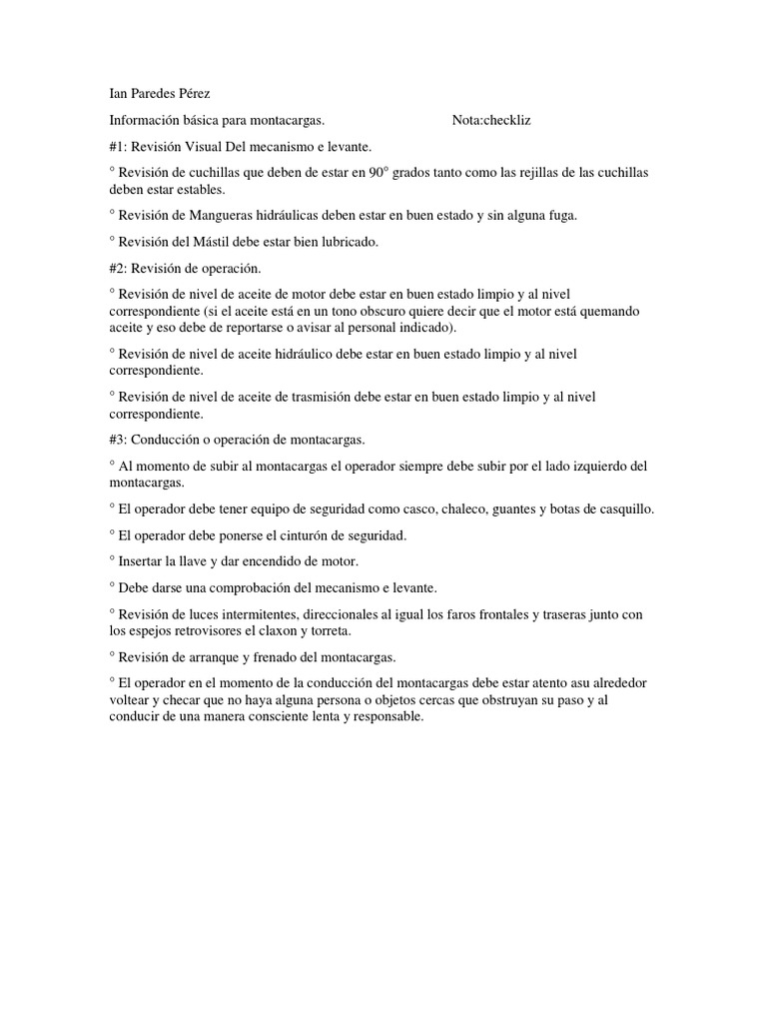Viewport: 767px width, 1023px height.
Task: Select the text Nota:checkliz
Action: pos(491,120)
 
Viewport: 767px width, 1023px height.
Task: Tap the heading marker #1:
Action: pos(120,146)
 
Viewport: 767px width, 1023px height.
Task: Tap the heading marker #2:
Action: pos(120,268)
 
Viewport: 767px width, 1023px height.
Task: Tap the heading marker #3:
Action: pos(120,440)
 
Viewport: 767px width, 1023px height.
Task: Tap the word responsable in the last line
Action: pos(384,716)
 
